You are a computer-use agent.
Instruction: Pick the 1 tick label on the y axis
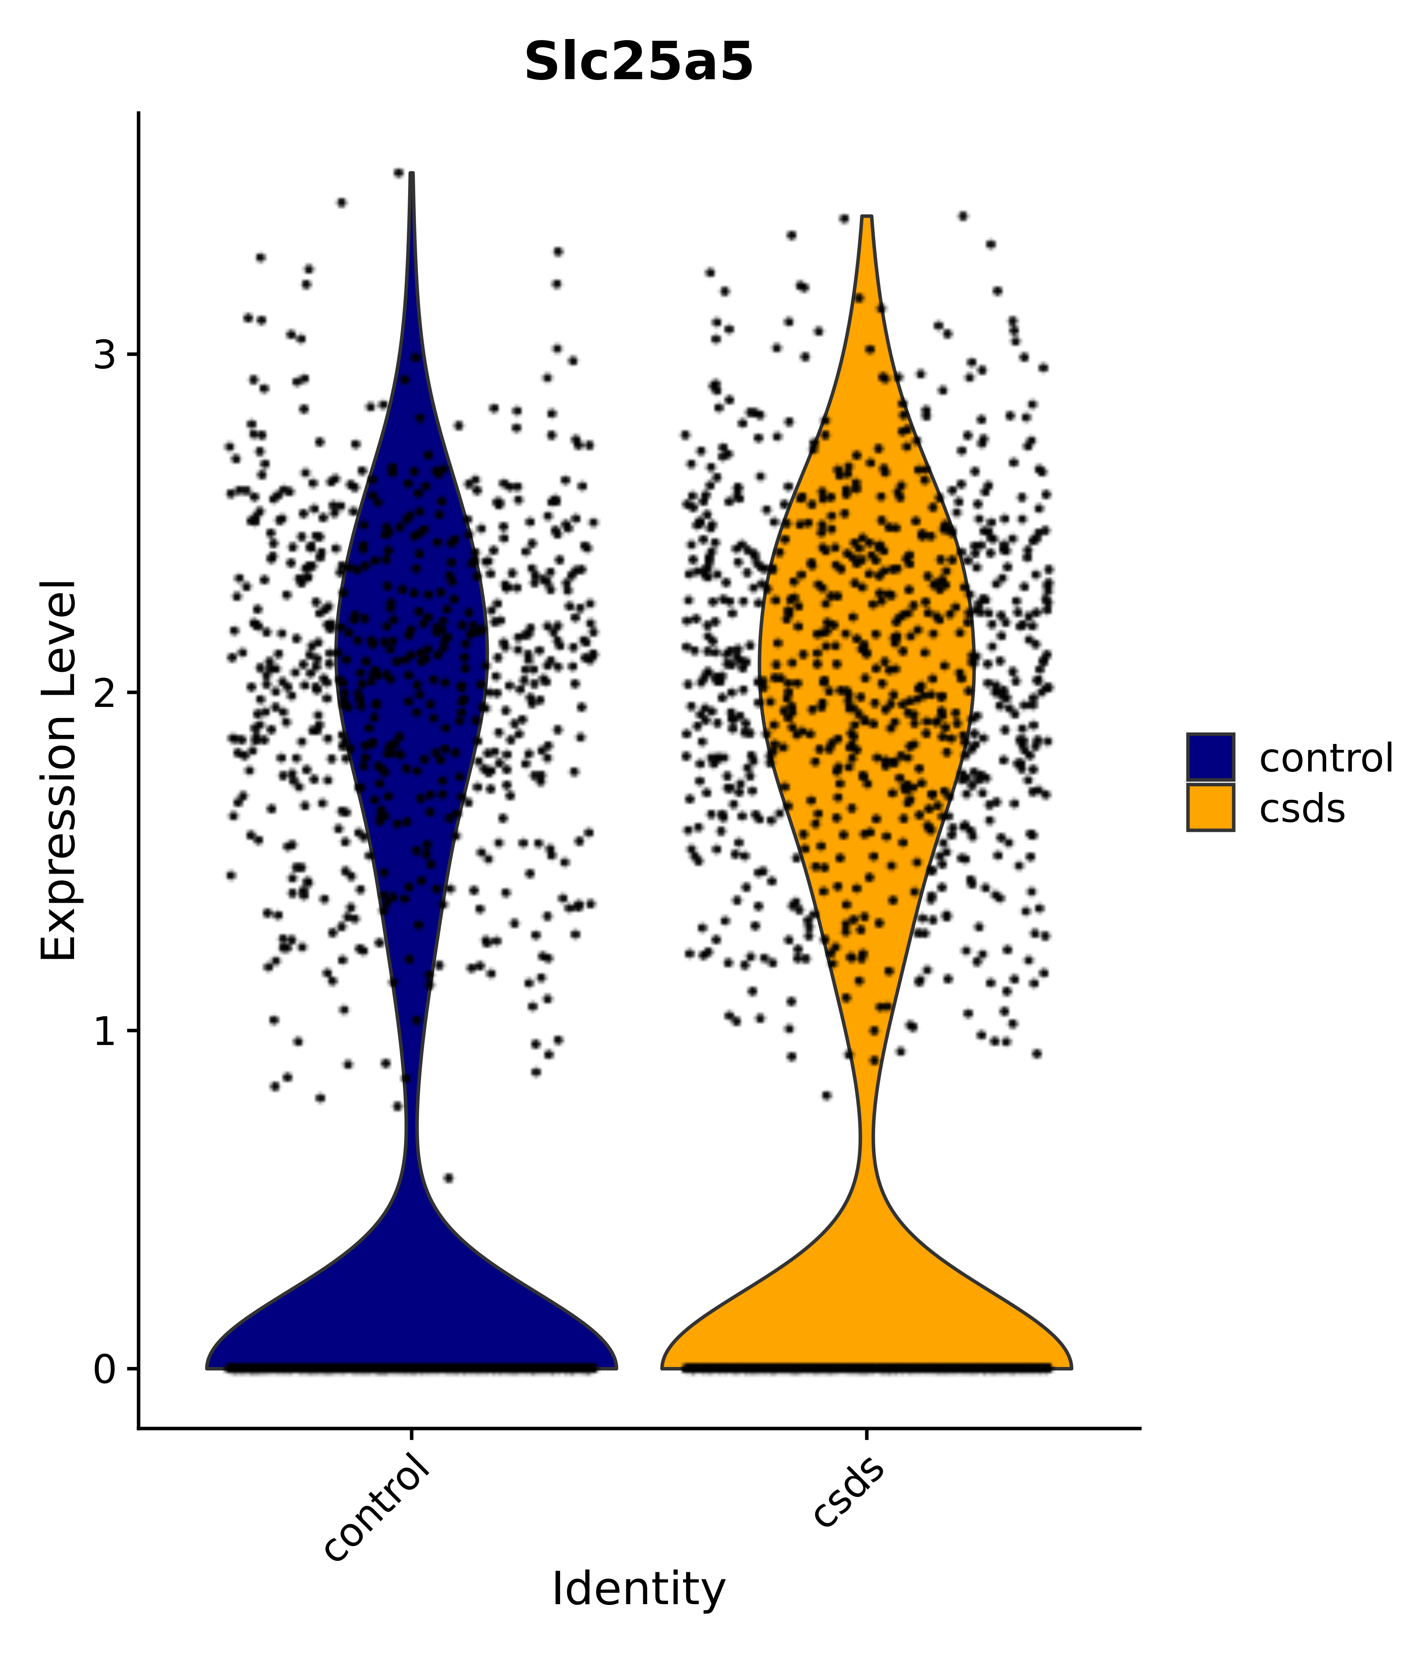click(105, 1031)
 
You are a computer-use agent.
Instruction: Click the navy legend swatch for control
click(1210, 757)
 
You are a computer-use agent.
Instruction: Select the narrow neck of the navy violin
click(411, 1134)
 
